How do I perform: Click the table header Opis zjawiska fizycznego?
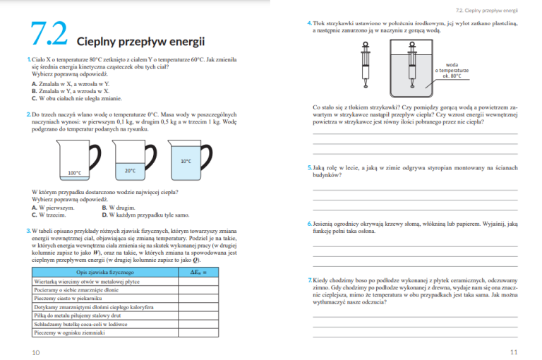104,272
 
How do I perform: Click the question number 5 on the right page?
309,168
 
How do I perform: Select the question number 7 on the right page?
309,280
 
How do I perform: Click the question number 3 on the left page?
28,230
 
